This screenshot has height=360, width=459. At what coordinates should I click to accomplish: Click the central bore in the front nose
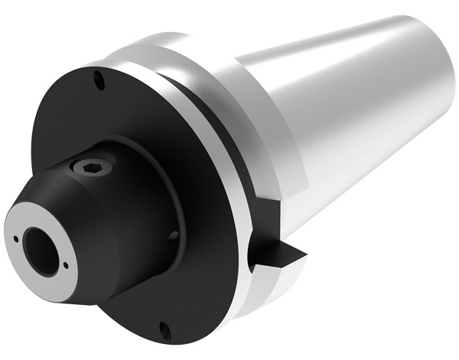pos(39,245)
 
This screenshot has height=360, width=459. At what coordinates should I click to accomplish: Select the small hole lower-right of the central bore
pos(67,266)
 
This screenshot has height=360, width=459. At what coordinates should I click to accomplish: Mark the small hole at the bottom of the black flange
pos(163,329)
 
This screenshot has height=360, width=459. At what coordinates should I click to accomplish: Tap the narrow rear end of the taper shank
pos(440,76)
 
